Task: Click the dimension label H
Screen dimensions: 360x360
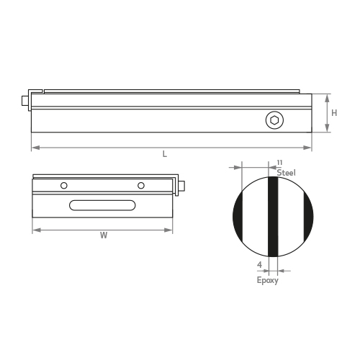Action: coord(334,113)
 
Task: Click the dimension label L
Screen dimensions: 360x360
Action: coord(165,154)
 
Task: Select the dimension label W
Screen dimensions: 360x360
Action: coord(104,235)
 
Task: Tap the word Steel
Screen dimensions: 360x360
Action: coord(286,173)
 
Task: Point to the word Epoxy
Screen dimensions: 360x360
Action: coord(268,280)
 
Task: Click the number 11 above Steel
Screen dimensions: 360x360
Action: coord(279,163)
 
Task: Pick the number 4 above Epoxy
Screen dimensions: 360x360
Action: coord(259,265)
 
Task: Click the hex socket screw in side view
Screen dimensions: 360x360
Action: coord(274,120)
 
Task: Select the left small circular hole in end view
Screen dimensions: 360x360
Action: coord(64,186)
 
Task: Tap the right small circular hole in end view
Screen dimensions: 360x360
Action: coord(141,186)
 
